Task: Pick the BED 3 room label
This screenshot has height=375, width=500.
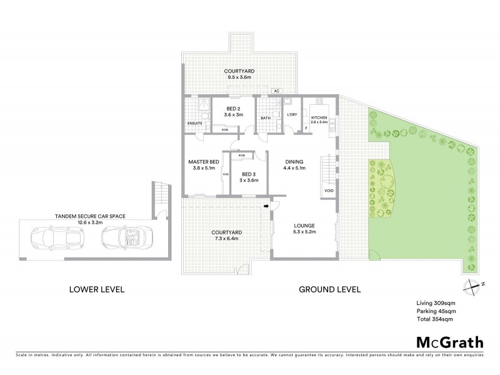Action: [x=249, y=174]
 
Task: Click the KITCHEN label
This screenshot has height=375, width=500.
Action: [x=319, y=117]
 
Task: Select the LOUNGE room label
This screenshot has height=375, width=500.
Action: [x=306, y=226]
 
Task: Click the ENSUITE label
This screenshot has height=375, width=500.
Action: [x=194, y=124]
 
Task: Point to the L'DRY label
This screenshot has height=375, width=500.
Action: [x=291, y=114]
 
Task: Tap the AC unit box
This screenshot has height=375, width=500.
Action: [x=276, y=91]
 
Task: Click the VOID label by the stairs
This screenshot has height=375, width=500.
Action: [x=328, y=190]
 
